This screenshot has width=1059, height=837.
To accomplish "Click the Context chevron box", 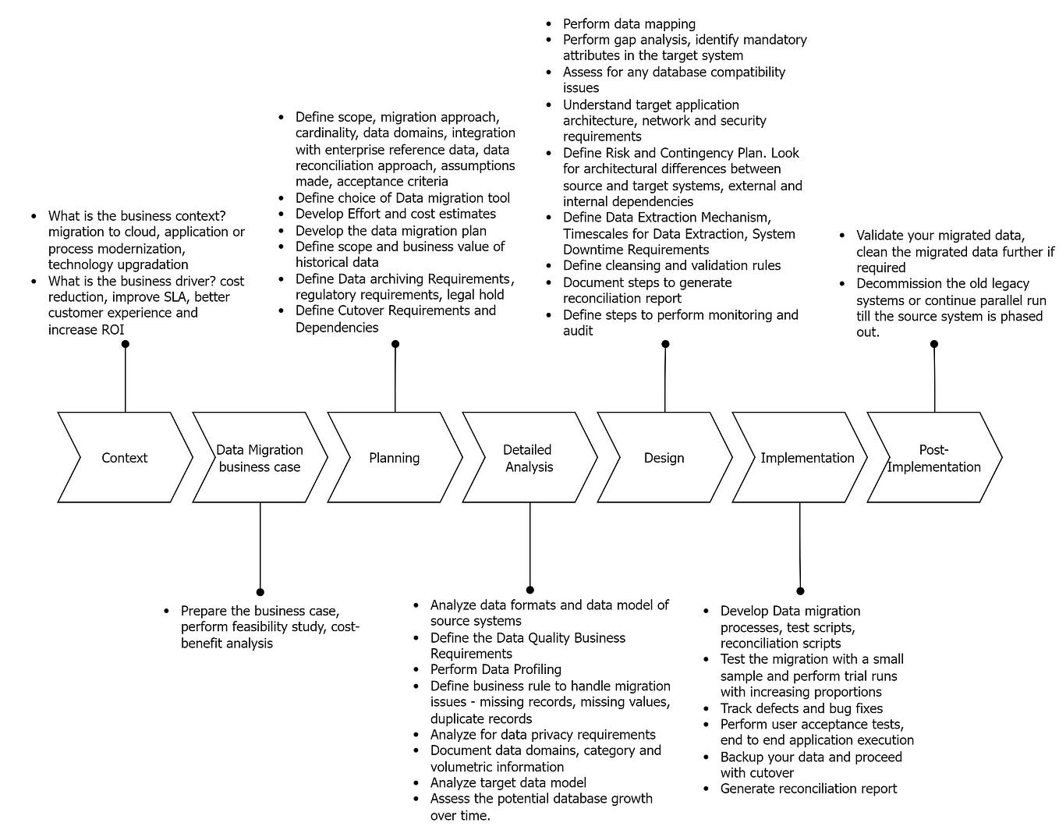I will tap(125, 458).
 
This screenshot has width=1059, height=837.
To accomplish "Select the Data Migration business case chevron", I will tap(260, 458).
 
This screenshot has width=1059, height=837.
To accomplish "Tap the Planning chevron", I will tap(395, 458).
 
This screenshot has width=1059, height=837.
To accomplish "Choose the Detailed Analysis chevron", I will tap(529, 458).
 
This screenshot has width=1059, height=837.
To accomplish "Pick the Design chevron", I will tap(664, 458).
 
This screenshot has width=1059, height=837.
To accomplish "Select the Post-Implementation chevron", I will tap(933, 458).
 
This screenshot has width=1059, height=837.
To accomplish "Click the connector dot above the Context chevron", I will tap(126, 344).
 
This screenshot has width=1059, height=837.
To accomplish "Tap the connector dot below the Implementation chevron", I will tap(800, 591).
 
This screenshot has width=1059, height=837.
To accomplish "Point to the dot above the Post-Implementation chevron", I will tap(934, 344).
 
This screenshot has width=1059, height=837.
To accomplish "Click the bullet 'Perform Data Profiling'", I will tap(495, 669).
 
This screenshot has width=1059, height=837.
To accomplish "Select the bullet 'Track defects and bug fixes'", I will tap(801, 708).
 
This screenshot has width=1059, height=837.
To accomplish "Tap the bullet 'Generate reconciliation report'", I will tap(808, 789).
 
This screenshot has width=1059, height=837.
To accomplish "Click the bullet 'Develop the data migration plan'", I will tap(391, 230).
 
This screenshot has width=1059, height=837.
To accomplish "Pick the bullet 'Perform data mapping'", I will tap(629, 24).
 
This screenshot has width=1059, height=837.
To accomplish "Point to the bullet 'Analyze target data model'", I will tap(508, 782).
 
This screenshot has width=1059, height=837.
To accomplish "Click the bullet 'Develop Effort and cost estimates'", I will tap(395, 214).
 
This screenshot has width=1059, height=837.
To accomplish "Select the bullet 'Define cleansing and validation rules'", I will tap(671, 265).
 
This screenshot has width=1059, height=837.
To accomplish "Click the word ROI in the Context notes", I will tap(112, 329).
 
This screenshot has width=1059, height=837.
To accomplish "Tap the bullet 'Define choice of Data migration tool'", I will tap(402, 198).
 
